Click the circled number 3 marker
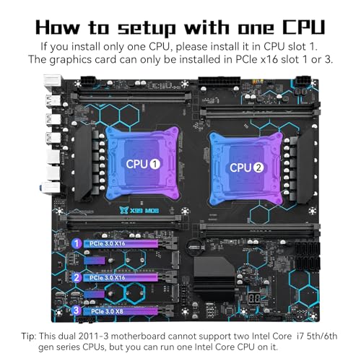coord(76,312)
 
